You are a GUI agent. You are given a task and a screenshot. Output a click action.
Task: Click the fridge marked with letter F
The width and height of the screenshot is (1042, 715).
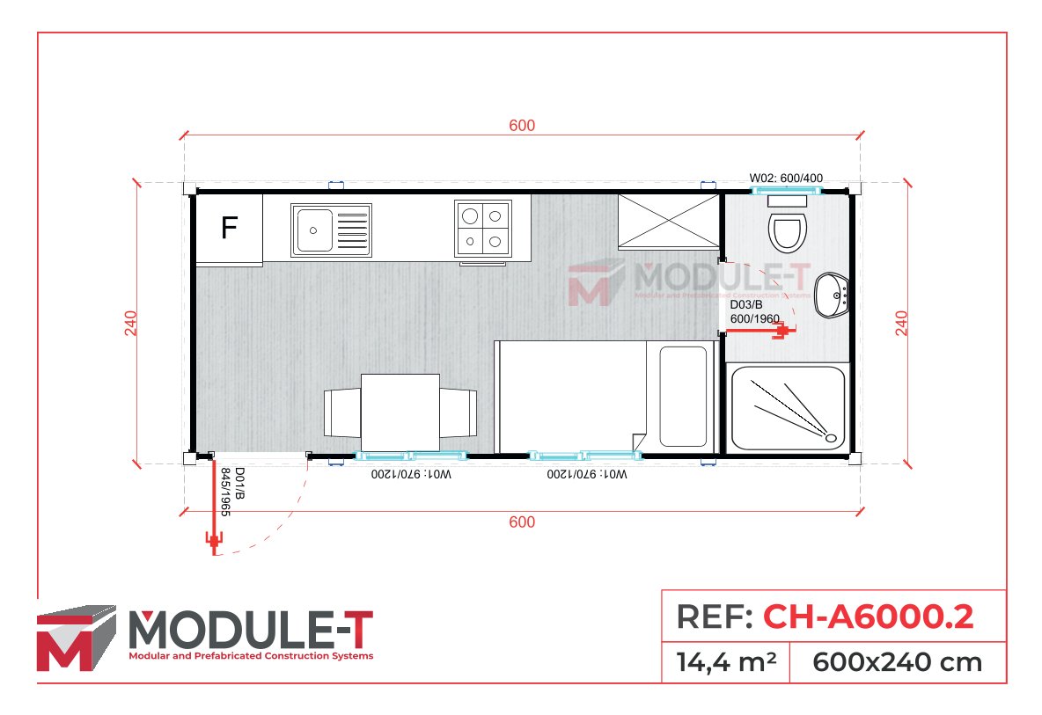[x=229, y=229]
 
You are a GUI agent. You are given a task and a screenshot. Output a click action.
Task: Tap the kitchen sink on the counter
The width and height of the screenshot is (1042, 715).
[x=330, y=228]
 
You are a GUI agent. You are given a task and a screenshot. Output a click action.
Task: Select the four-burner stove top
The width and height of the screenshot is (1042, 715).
[x=482, y=228]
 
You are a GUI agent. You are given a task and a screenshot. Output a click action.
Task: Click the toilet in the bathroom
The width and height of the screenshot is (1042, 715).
[x=787, y=230]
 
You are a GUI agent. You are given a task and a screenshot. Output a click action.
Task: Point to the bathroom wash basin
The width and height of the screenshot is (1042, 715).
[x=831, y=295]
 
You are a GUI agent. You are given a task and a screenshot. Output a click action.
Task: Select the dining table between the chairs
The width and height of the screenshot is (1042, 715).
[x=400, y=412]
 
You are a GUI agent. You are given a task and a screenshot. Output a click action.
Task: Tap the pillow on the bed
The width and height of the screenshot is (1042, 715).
[x=684, y=397]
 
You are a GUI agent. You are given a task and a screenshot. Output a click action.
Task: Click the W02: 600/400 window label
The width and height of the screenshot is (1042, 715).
[x=786, y=178]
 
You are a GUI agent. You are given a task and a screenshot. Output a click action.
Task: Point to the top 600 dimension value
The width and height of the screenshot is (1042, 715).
[x=522, y=126]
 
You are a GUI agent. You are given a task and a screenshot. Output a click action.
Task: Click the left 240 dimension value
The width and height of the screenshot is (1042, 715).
[x=131, y=324]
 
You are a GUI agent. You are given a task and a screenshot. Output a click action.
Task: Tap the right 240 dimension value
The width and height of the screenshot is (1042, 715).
[x=901, y=324]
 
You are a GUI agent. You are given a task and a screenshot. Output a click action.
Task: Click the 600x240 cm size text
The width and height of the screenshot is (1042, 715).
[x=897, y=661]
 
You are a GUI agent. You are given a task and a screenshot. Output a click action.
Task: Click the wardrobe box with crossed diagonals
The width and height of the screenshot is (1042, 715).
[x=669, y=222]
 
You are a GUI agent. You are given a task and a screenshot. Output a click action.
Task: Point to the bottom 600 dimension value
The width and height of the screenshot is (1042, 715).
[x=522, y=522]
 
